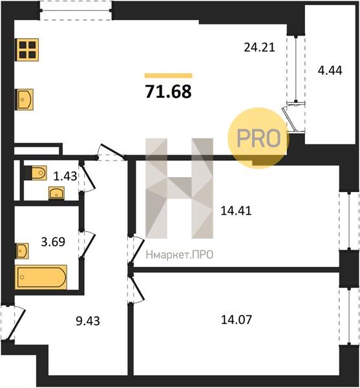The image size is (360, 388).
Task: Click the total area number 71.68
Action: point(169,92)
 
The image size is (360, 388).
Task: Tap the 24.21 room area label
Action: point(259,47)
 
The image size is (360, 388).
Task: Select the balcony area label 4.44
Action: point(330,70)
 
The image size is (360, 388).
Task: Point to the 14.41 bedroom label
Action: point(236,211)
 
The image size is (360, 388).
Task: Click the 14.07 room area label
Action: point(237,319)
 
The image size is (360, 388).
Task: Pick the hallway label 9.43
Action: point(88,321)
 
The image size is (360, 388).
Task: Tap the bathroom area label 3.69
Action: point(53,241)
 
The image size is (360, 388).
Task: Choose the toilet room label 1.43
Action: point(65,176)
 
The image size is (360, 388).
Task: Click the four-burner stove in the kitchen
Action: point(28,50)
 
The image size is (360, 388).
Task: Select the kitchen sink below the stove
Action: point(24,100)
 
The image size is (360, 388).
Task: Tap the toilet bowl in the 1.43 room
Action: point(36,173)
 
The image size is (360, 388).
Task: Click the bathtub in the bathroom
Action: point(41,277)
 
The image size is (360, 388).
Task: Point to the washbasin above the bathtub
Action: point(22,251)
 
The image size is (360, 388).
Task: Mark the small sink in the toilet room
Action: point(57,193)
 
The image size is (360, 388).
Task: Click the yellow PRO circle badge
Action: point(259,138)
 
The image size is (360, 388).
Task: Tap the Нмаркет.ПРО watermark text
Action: point(180,255)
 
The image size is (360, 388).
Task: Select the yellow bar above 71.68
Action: point(169,76)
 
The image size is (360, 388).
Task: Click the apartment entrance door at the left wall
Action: point(13,323)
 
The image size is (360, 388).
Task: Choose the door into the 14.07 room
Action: point(136,288)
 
